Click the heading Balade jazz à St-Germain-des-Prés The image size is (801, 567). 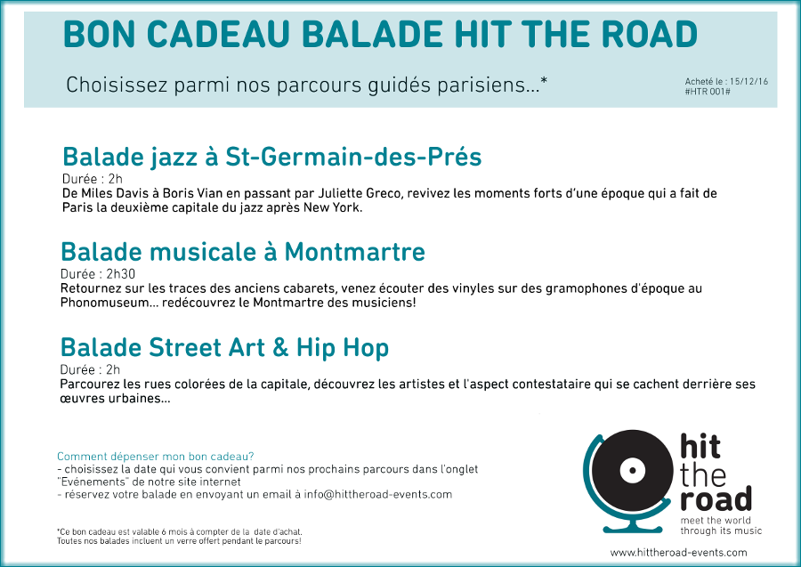pos(271,157)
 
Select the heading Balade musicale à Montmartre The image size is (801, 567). pos(243,251)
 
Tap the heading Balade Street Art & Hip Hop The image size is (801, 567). pos(224,348)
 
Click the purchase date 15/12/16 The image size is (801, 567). pos(748,81)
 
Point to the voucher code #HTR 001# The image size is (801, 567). pos(708,92)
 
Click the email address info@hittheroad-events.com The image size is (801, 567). pos(378,495)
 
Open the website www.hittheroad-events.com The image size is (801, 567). pos(678,552)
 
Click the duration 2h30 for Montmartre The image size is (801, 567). pos(120,274)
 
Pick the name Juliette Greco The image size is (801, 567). pos(360,193)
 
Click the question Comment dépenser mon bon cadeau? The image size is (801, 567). pos(155,457)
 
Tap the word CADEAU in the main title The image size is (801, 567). pos(220,34)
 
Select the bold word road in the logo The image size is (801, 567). pos(716,499)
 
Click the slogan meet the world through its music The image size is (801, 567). pos(721,526)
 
